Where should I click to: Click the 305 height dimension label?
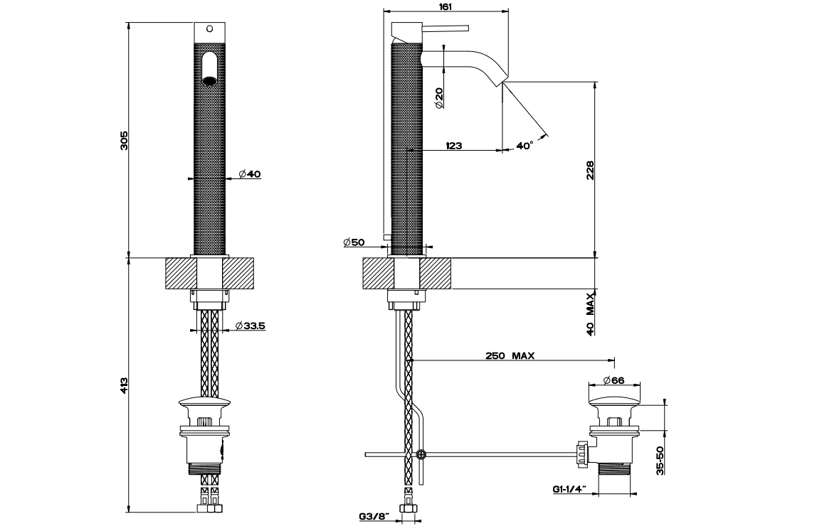point(124,141)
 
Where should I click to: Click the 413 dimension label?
point(124,385)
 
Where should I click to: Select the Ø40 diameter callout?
point(250,173)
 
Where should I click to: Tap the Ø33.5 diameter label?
point(250,326)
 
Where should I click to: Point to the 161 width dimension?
point(446,6)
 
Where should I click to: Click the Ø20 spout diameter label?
point(439,98)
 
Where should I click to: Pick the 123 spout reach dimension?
point(454,145)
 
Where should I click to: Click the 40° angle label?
point(525,145)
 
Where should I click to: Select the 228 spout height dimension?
point(590,170)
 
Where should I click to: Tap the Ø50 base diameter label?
point(354,242)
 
